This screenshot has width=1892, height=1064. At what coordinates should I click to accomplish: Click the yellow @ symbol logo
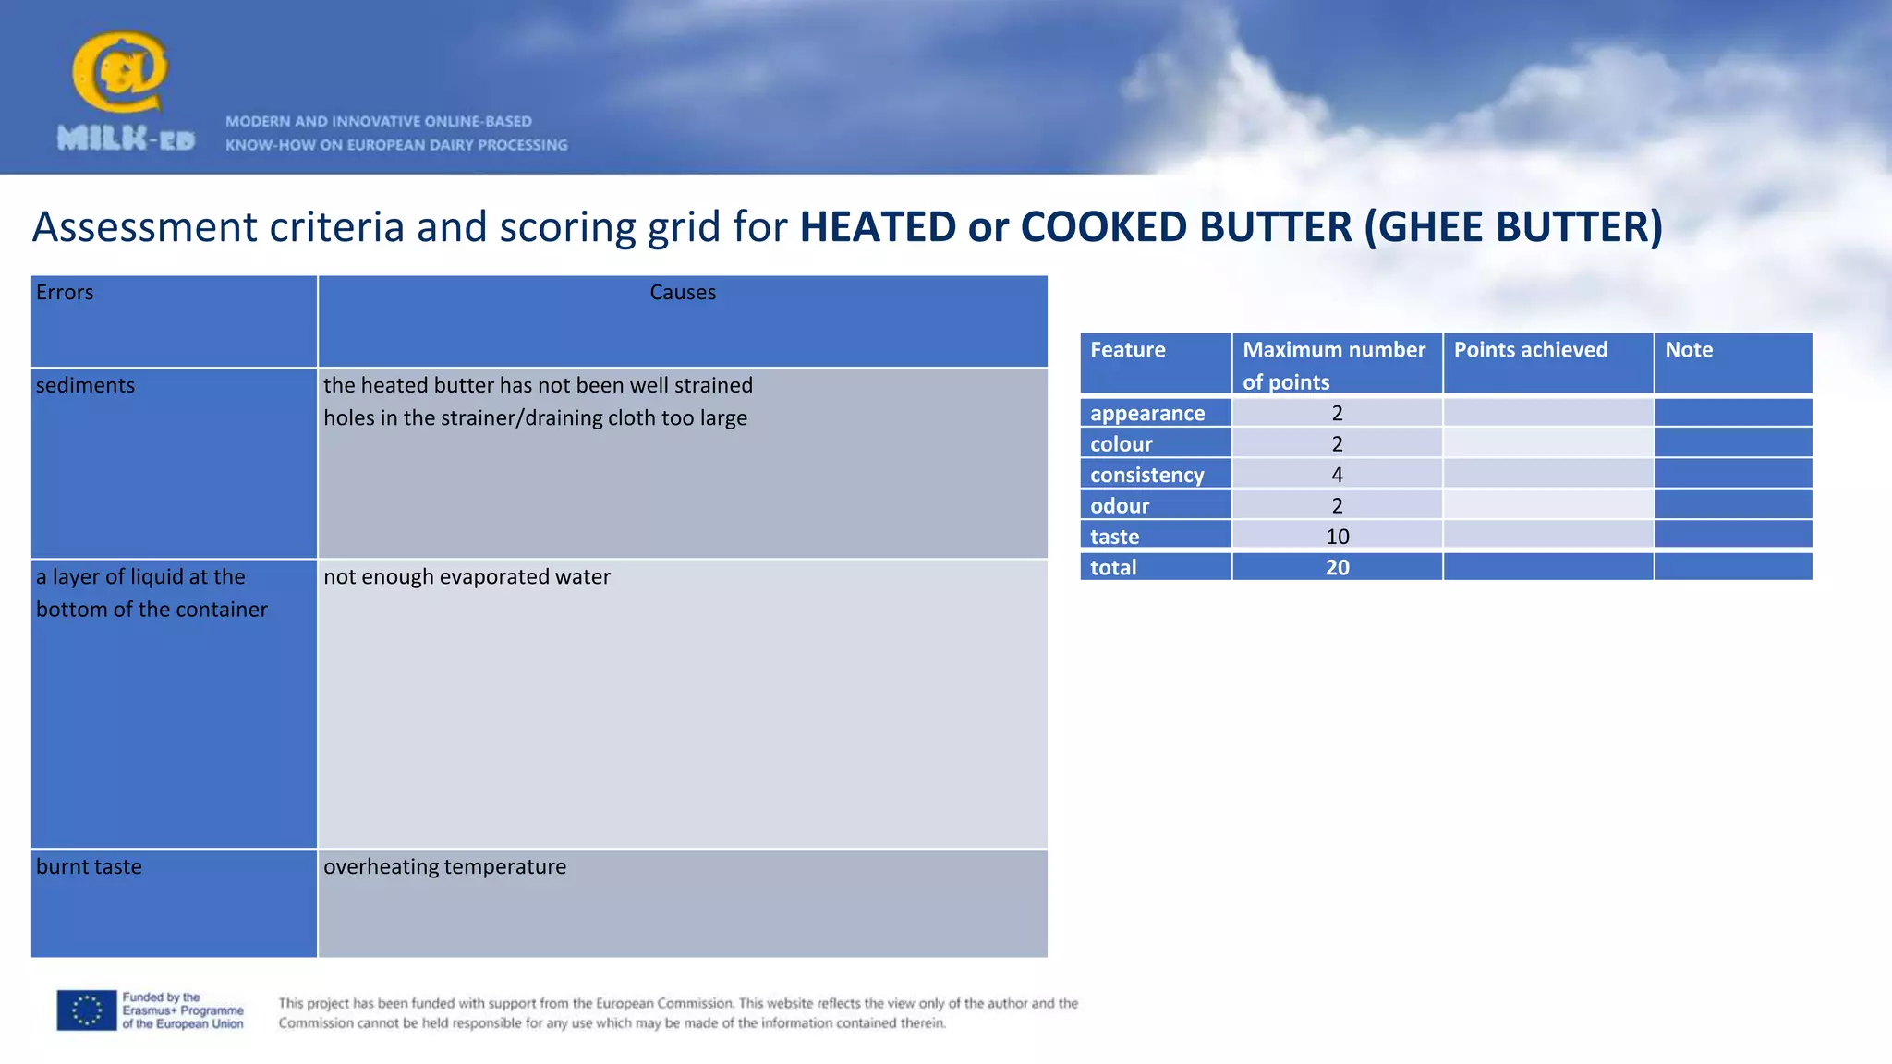[120, 72]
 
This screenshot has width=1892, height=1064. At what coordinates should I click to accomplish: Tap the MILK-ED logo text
[126, 139]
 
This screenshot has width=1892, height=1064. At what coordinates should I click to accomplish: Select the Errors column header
[65, 293]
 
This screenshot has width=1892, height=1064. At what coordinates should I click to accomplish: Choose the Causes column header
[683, 293]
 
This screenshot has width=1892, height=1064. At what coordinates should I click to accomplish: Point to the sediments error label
[85, 385]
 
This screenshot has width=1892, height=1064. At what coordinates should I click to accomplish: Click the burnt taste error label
[89, 866]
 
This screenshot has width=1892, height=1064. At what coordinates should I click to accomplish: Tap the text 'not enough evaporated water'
[467, 577]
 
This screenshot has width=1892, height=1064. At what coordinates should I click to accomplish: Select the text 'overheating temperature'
[444, 866]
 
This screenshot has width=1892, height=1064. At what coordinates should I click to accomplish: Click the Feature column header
[1127, 350]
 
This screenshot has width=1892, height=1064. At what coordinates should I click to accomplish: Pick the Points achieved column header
[1530, 350]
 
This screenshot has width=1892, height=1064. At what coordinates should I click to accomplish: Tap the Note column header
[1689, 350]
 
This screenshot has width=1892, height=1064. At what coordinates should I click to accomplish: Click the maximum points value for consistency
[1337, 475]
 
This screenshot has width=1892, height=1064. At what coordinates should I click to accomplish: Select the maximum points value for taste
[1337, 537]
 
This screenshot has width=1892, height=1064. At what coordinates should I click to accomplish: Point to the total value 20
[1337, 567]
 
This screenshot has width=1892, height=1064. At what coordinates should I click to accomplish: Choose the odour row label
[1120, 506]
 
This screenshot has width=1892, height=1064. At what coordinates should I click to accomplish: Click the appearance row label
[1147, 413]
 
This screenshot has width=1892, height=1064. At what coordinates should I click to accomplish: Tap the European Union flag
[87, 1010]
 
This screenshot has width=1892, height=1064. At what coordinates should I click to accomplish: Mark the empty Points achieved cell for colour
[1547, 443]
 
